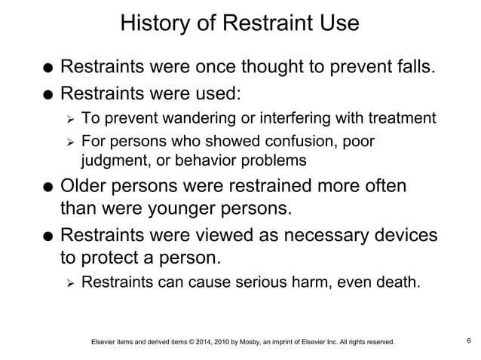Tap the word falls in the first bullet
(x=413, y=69)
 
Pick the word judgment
(x=115, y=160)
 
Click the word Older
(x=88, y=186)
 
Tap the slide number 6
(x=469, y=341)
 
